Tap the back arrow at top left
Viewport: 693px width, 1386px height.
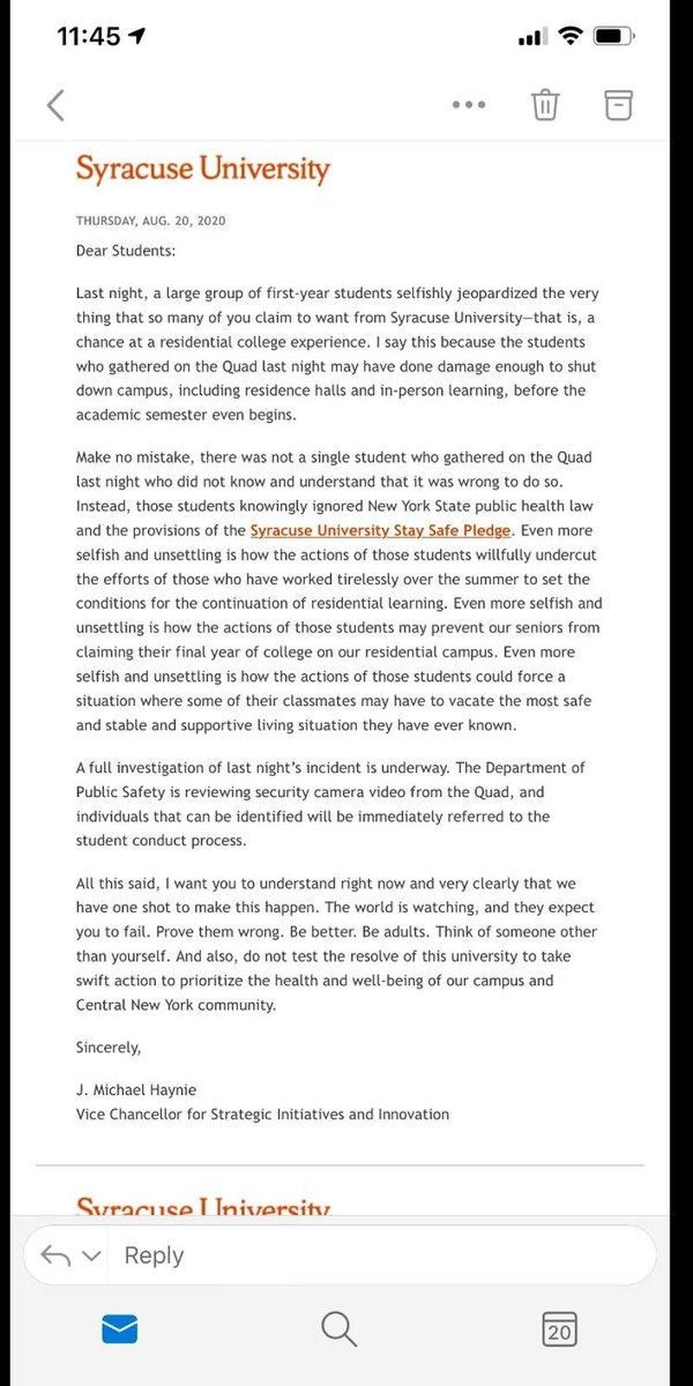(55, 105)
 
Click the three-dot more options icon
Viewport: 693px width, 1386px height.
(469, 105)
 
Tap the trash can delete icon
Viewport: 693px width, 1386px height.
(544, 104)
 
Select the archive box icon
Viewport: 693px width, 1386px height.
(618, 104)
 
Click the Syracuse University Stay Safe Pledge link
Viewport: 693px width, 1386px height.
(380, 530)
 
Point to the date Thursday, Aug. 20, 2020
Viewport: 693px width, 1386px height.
(151, 221)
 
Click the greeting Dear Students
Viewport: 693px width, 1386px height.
(126, 250)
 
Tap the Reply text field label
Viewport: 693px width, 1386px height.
(154, 1255)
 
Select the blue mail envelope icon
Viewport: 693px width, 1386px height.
(120, 1328)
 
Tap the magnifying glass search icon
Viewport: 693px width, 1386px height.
(338, 1328)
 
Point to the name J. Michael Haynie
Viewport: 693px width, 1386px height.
(136, 1090)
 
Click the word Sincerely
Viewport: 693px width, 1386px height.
(108, 1047)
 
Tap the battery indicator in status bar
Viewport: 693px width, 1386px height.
(616, 36)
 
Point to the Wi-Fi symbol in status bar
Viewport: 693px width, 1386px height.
(570, 36)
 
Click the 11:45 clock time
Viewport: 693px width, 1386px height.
(88, 36)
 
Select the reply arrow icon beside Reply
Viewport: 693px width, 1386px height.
(56, 1255)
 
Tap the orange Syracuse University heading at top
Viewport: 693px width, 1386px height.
(203, 168)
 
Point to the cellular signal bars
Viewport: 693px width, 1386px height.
(529, 37)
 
